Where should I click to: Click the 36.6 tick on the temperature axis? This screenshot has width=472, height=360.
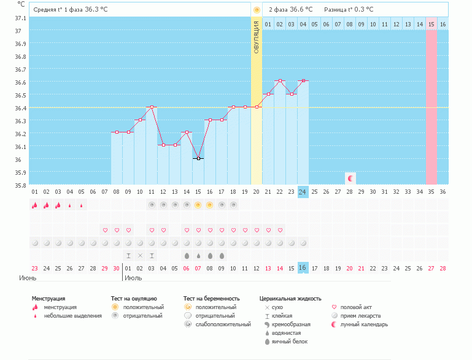(x=20, y=82)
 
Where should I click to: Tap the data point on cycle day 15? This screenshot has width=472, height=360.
(x=198, y=158)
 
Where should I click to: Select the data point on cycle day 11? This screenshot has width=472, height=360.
(x=152, y=107)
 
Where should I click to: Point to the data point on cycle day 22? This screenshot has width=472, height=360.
(x=280, y=81)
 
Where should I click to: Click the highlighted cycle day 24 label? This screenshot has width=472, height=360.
(x=303, y=191)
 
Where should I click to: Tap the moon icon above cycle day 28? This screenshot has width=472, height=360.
(x=350, y=178)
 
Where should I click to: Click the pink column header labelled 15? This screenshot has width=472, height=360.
(x=431, y=24)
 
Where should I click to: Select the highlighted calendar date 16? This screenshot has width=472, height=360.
(x=303, y=268)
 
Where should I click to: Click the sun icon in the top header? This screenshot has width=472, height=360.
(x=257, y=10)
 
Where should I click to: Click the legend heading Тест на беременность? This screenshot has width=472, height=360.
(x=211, y=299)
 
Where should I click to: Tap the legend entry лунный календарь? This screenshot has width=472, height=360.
(x=364, y=324)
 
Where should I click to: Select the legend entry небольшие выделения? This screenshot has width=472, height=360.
(x=72, y=315)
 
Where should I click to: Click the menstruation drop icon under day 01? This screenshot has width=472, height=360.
(x=35, y=205)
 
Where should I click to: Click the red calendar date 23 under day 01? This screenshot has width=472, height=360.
(x=35, y=268)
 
